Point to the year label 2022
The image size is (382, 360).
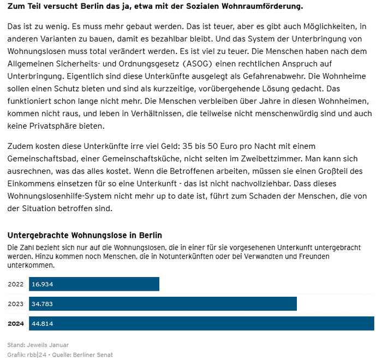pos(15,284)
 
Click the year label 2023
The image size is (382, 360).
pos(15,304)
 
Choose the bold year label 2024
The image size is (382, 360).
pos(15,323)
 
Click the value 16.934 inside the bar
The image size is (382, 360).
pos(43,284)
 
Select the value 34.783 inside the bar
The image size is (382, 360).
pos(43,304)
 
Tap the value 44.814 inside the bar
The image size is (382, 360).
pos(43,323)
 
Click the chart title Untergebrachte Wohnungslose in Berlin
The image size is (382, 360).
pos(85,236)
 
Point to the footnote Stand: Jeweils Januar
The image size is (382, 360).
pos(38,345)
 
